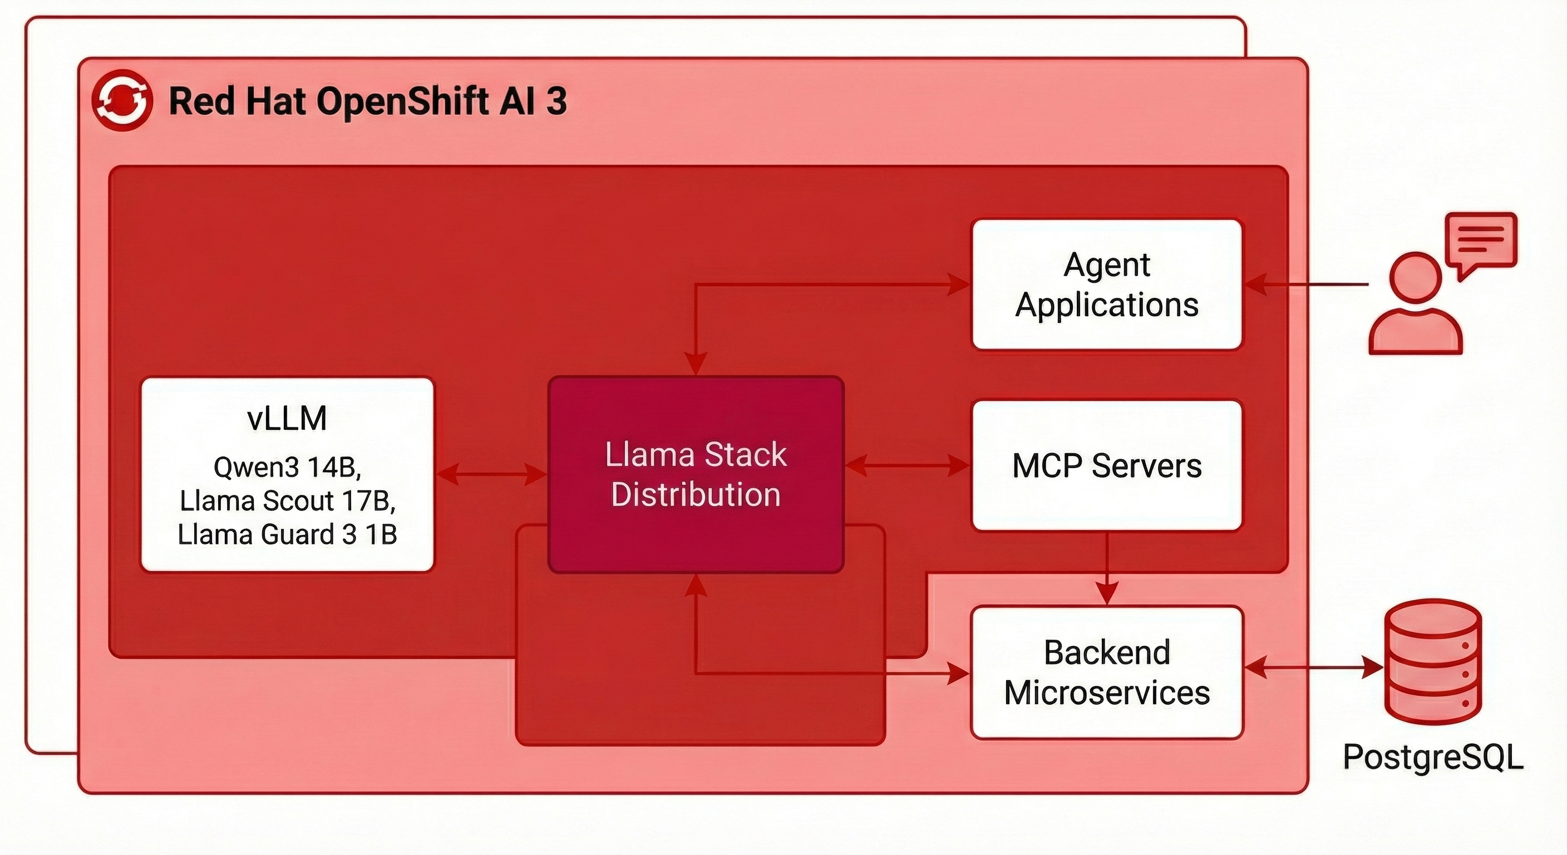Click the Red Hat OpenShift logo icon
[121, 100]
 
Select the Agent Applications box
[1106, 284]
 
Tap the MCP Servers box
[1106, 465]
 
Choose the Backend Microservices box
[1106, 672]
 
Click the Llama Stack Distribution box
[695, 474]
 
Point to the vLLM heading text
[287, 418]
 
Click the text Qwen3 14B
[287, 468]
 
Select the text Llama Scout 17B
[287, 501]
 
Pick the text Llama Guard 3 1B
[287, 535]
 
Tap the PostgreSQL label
[1432, 757]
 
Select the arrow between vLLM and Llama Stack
[491, 474]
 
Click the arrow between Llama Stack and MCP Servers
[907, 465]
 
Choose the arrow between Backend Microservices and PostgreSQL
[1314, 667]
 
